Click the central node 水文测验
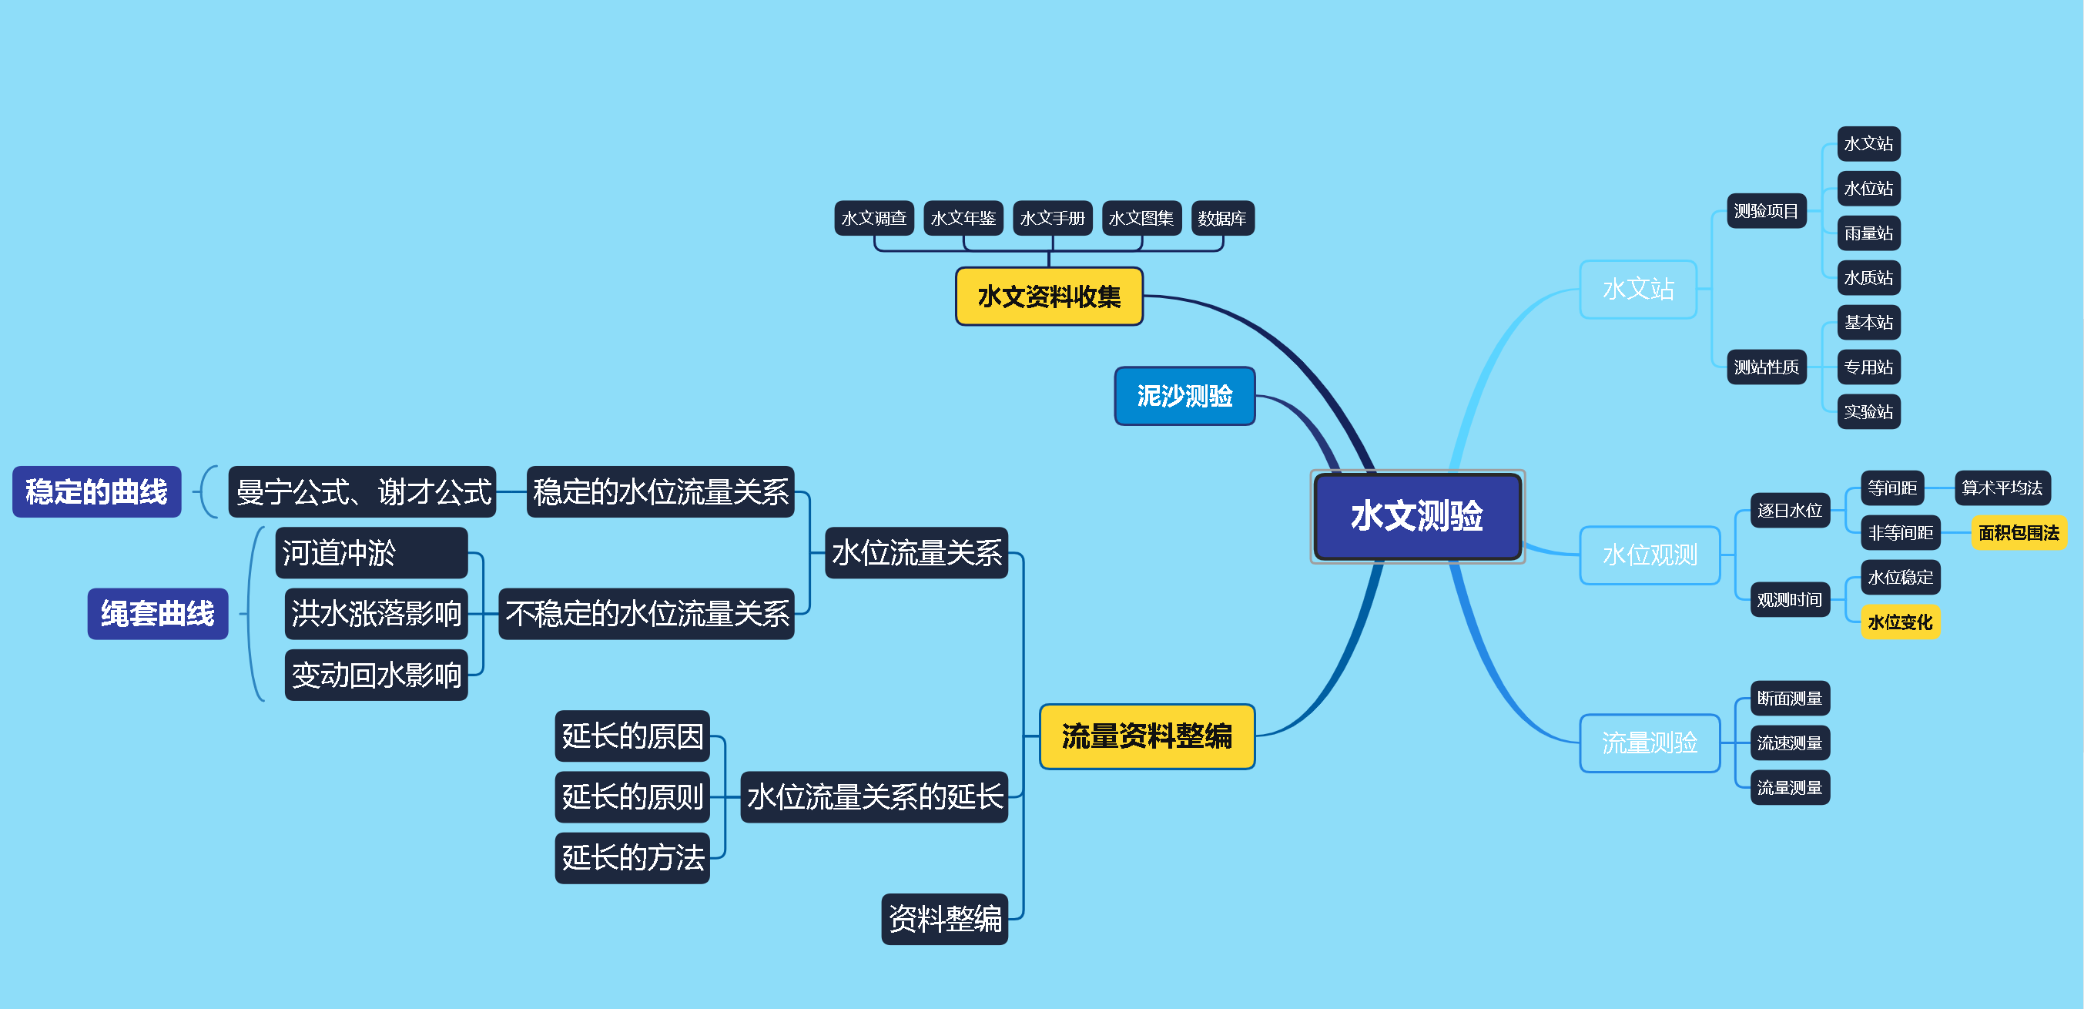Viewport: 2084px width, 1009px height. pos(1416,516)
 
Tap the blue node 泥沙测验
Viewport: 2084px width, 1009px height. pos(1184,397)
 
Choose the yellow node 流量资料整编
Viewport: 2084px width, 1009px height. pos(1147,736)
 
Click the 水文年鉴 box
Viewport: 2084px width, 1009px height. pos(963,219)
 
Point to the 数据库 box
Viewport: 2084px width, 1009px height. pos(1221,219)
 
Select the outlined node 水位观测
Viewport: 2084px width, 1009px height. pos(1650,555)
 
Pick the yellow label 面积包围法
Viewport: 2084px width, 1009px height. pos(2018,533)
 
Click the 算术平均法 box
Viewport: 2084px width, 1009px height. pos(2002,488)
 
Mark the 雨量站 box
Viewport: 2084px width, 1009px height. pos(1868,234)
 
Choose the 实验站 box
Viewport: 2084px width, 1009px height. pos(1868,412)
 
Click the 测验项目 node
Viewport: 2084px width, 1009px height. pos(1766,211)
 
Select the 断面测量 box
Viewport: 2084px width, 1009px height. pos(1790,699)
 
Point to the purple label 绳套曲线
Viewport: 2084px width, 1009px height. pos(158,614)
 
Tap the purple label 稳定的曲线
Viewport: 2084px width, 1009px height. pos(96,492)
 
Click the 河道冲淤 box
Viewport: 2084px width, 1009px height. pos(371,554)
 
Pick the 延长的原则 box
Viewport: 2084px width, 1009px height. pos(632,797)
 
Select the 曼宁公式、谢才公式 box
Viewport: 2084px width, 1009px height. pos(363,492)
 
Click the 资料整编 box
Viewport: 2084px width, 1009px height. pos(944,919)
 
